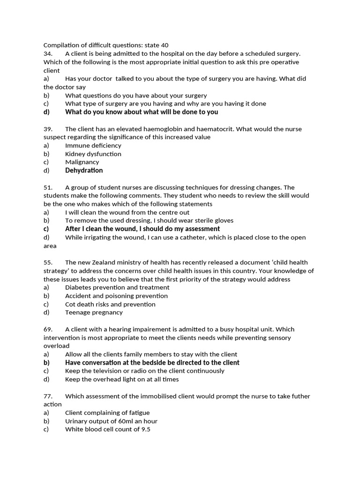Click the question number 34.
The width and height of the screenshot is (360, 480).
coord(48,54)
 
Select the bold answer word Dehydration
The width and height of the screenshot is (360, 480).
coord(84,171)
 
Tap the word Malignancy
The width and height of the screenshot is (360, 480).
coord(82,162)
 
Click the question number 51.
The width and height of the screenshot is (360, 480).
coord(48,187)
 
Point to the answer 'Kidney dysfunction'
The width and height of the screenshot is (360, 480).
coord(93,154)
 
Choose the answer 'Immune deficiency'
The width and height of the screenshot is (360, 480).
coord(93,145)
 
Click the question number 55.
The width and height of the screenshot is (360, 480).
coord(48,262)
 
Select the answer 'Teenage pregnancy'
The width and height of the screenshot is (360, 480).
coord(94,312)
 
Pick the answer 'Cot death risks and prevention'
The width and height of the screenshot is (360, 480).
coord(110,304)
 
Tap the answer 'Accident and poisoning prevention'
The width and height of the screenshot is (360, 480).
coord(116,296)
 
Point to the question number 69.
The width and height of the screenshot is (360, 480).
coord(48,330)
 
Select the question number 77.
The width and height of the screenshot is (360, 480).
coord(48,396)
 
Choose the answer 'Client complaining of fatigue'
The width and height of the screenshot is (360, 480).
coord(107,412)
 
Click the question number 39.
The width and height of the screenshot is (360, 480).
coord(48,129)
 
